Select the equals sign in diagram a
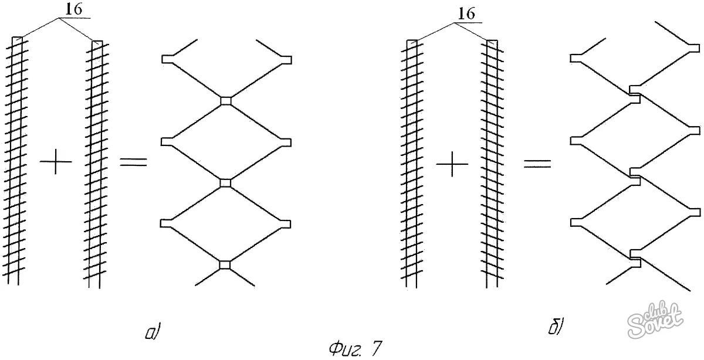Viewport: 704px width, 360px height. pyautogui.click(x=133, y=161)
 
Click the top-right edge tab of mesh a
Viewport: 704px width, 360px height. pyautogui.click(x=286, y=59)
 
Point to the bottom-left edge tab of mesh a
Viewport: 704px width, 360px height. pyautogui.click(x=167, y=223)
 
